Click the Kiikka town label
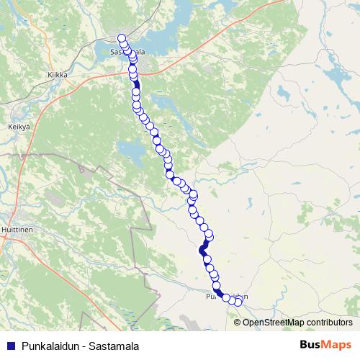57,74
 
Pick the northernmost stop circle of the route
122,38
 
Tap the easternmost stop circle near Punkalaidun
238,301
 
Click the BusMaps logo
326,344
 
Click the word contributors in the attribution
328,322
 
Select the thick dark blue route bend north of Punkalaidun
204,249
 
